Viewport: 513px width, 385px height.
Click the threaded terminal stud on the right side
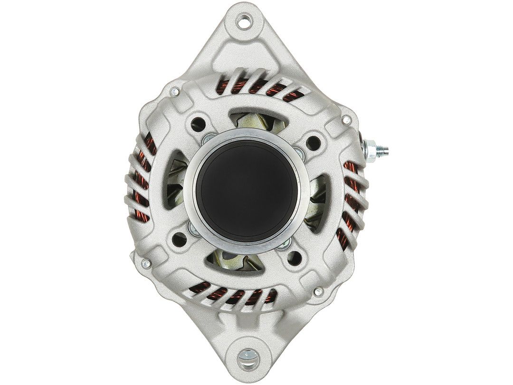[x=379, y=149]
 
